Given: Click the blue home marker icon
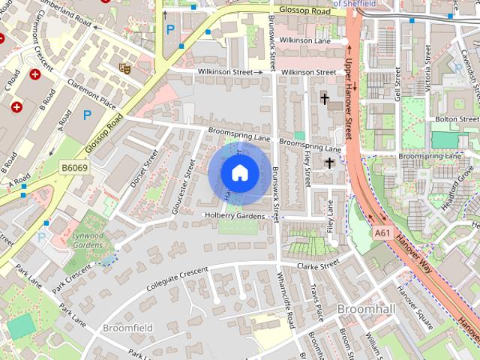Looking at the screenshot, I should (x=239, y=173).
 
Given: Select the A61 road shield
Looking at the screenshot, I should (x=382, y=233).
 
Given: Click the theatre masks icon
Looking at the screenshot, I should (x=125, y=68).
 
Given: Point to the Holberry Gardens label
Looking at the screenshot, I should (x=235, y=216).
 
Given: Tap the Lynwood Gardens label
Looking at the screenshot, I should (x=88, y=240).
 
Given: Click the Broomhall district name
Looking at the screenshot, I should (x=363, y=309).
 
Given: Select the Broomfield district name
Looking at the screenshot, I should (x=127, y=328).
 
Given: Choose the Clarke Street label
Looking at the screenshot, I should (x=318, y=265).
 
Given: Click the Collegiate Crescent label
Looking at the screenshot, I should (x=177, y=280).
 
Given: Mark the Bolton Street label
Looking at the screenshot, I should (x=457, y=118).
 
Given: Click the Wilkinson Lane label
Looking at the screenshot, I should (x=303, y=40).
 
